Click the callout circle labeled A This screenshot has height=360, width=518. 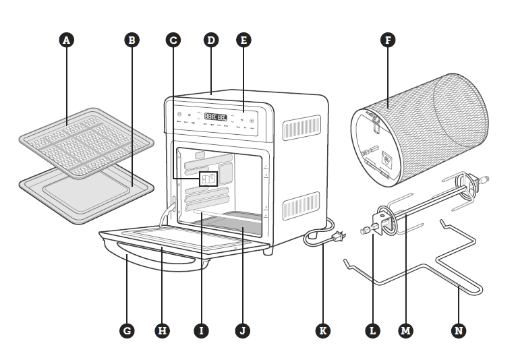pos(66,40)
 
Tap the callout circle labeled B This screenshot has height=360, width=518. pos(133,40)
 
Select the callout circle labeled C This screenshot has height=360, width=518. pos(173,40)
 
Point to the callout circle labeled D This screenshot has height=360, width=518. pos(211,40)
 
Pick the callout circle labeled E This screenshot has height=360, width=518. pos(244,40)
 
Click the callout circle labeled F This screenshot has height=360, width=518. pos(387,40)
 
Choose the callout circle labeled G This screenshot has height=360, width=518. pos(126,330)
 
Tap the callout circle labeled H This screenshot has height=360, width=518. pos(161,330)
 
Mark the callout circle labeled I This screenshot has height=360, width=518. pos(200,330)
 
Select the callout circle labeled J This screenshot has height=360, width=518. pos(242,330)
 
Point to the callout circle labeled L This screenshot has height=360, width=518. pos(372,330)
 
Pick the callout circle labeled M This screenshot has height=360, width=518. pos(406,330)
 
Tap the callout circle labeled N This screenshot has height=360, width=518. pos(459,330)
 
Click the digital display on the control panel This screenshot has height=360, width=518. pos(215,115)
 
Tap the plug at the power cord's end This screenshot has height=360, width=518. pos(340,237)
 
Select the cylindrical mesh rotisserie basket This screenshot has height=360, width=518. pos(418,135)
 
